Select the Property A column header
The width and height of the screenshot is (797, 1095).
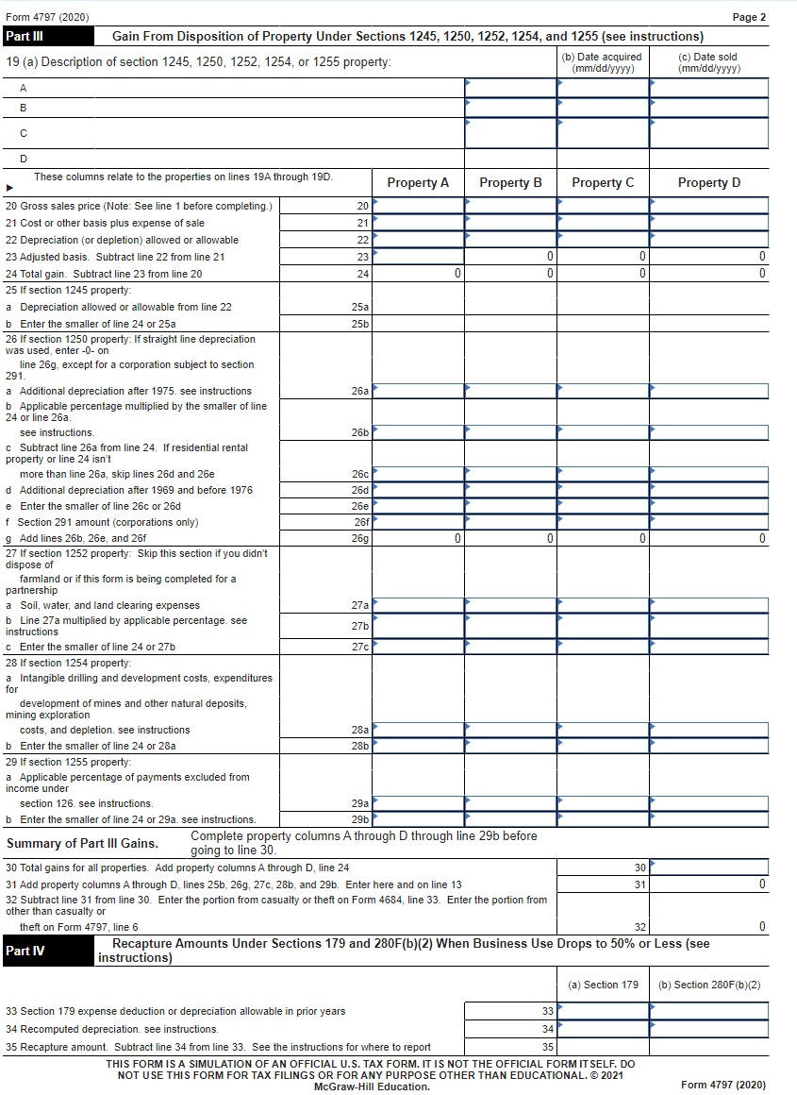[x=418, y=182]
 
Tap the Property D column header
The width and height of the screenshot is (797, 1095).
[x=708, y=182]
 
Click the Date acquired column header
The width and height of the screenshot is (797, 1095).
[x=602, y=63]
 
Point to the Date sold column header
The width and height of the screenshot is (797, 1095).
[x=708, y=63]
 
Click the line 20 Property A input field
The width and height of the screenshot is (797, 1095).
[x=418, y=206]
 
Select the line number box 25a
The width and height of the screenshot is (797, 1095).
[x=359, y=307]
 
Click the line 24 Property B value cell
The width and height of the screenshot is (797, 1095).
[x=510, y=274]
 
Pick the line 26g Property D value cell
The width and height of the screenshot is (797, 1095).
[x=708, y=538]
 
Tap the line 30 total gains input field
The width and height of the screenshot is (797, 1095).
[x=708, y=867]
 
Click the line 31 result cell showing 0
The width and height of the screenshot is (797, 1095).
[x=708, y=884]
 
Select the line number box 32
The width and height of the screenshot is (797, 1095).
[x=639, y=927]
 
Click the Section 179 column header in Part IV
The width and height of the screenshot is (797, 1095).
[x=603, y=985]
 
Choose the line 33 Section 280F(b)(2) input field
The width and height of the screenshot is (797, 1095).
[x=708, y=1011]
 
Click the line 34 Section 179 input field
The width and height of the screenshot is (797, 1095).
[x=603, y=1029]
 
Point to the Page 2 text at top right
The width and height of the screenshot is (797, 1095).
[x=749, y=17]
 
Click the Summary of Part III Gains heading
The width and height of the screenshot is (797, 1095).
[x=83, y=843]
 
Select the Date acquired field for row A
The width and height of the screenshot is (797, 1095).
[x=603, y=87]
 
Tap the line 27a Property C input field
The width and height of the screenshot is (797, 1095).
[x=603, y=605]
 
